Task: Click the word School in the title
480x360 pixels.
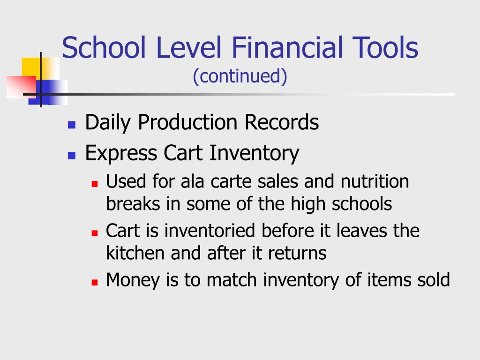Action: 104,47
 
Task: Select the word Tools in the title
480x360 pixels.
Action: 385,47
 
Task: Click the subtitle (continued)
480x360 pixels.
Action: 240,76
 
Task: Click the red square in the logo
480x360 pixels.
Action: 21,87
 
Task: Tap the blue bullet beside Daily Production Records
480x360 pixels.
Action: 72,125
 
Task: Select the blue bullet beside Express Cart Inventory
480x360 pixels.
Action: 72,156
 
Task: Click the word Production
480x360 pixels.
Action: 187,122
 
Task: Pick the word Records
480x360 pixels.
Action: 282,122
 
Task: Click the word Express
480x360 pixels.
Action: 121,153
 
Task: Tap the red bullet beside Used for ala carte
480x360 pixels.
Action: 95,184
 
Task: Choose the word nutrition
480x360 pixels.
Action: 375,181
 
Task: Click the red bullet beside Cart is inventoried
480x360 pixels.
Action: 95,233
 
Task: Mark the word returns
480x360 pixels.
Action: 297,254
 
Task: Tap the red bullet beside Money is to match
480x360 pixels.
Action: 95,282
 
